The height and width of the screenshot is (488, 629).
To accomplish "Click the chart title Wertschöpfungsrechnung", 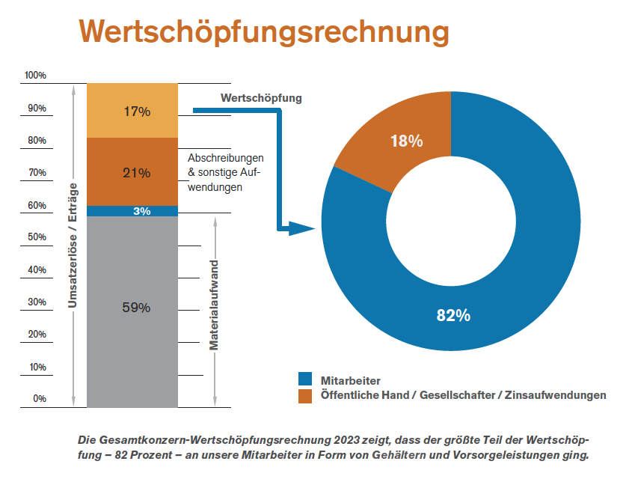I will pyautogui.click(x=264, y=32).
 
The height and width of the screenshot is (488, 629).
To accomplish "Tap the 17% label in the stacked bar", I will pyautogui.click(x=137, y=112).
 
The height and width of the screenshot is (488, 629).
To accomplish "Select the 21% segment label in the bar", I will pyautogui.click(x=137, y=173).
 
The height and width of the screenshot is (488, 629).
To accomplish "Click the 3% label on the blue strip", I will pyautogui.click(x=141, y=211).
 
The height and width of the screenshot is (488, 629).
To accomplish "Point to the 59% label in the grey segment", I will pyautogui.click(x=137, y=308).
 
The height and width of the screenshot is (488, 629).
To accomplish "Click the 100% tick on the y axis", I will pyautogui.click(x=35, y=76).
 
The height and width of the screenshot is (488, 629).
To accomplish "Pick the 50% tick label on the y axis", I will pyautogui.click(x=37, y=237).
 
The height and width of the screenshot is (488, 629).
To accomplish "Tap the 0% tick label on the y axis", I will pyautogui.click(x=39, y=399).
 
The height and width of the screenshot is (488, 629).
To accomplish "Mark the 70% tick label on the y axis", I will pyautogui.click(x=37, y=173).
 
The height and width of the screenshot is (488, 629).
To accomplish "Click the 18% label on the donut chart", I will pyautogui.click(x=407, y=141).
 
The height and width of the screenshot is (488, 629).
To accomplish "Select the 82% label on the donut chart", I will pyautogui.click(x=453, y=315).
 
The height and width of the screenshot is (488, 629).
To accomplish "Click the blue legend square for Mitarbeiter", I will pyautogui.click(x=305, y=379).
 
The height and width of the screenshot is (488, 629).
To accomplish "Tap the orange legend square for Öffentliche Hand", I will pyautogui.click(x=305, y=395).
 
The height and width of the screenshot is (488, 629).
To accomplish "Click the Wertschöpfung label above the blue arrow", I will pyautogui.click(x=261, y=98).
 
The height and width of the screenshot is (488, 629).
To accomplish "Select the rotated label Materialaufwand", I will pyautogui.click(x=214, y=305).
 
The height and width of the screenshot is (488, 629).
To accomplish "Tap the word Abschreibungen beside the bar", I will pyautogui.click(x=226, y=159).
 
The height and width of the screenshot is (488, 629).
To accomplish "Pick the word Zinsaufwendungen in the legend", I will pyautogui.click(x=557, y=395).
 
